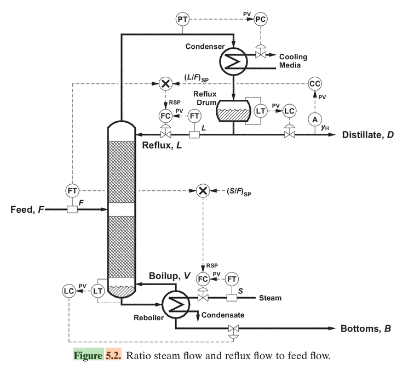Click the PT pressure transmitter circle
tap(182, 20)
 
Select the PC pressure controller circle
tap(261, 20)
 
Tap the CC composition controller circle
tap(315, 84)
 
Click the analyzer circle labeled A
tap(315, 118)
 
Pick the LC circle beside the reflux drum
tap(290, 110)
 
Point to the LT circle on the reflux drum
tap(261, 110)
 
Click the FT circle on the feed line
tap(72, 191)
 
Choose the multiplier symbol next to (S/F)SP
tap(203, 191)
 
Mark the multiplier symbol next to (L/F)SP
tap(165, 84)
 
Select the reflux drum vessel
tap(233, 111)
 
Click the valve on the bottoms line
tap(233, 329)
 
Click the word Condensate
tap(223, 315)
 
